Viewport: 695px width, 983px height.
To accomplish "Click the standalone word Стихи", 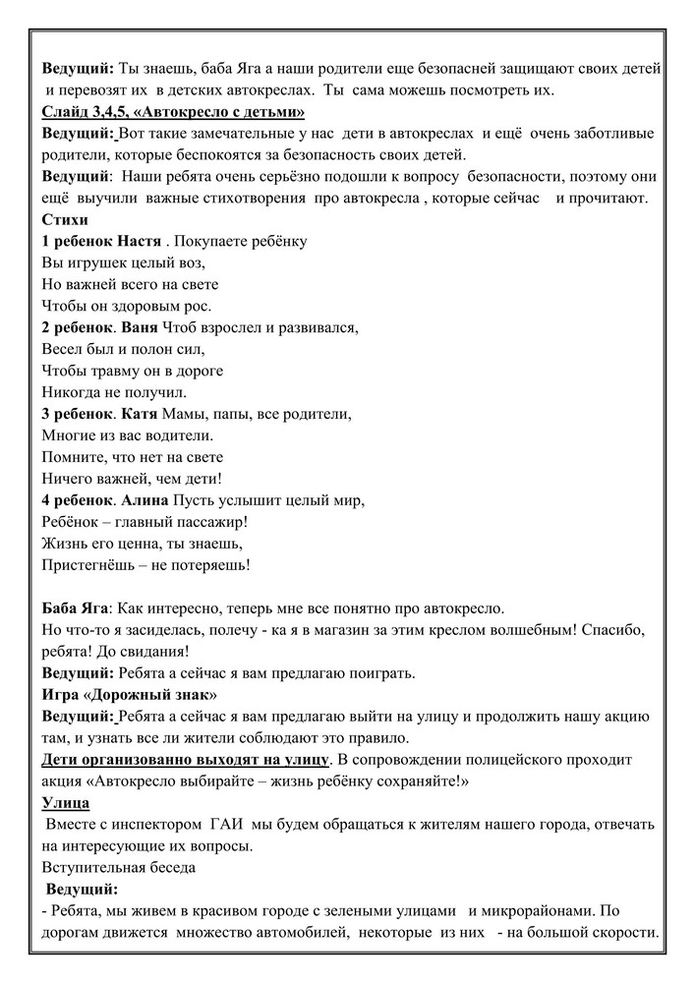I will point(65,220).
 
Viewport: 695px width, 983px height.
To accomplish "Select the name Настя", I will point(140,241).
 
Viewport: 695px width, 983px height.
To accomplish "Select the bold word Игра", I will point(62,694).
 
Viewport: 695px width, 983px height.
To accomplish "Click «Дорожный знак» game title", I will point(149,694).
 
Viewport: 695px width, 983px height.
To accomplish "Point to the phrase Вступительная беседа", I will point(119,867).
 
